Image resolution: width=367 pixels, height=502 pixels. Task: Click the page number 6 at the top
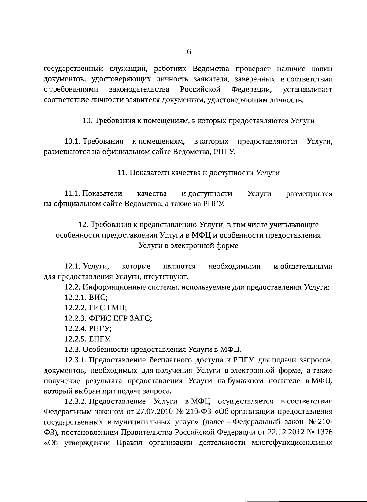point(189,52)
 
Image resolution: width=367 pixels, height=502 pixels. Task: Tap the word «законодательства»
point(139,89)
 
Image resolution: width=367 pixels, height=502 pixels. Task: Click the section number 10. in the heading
point(87,121)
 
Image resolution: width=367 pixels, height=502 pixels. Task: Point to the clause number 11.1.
point(72,194)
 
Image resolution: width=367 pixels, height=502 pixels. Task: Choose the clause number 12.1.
point(72,267)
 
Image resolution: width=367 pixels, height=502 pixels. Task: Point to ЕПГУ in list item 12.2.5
point(99,339)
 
